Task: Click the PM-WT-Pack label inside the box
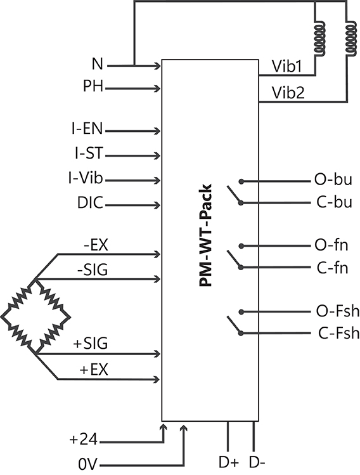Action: click(205, 235)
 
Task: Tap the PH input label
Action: click(93, 86)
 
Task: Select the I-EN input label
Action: click(87, 129)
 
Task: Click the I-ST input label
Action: click(89, 153)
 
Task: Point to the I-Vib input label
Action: click(86, 178)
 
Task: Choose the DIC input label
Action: click(90, 203)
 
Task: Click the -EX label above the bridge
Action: click(96, 245)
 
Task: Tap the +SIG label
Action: click(91, 344)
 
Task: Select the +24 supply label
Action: click(83, 439)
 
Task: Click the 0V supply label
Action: click(88, 464)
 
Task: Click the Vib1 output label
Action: click(287, 67)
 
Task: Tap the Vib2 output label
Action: click(288, 93)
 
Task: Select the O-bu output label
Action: click(333, 179)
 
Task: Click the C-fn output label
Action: click(332, 268)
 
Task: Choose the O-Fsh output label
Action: click(338, 311)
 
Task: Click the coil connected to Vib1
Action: click(319, 39)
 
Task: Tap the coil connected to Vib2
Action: click(351, 39)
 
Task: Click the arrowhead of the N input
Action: click(157, 65)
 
